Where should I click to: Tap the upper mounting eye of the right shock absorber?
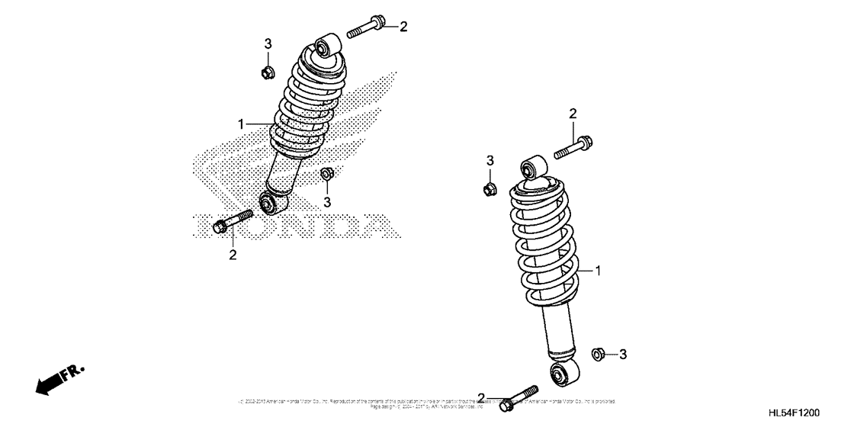(x=531, y=169)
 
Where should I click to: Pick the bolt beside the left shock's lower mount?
(x=232, y=221)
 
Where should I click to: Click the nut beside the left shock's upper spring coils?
(x=267, y=73)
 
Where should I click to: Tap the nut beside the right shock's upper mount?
(x=490, y=188)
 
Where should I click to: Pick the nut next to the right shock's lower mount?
(x=600, y=354)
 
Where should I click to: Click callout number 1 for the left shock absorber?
(x=241, y=124)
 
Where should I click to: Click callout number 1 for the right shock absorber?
(x=599, y=271)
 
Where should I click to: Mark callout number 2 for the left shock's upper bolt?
(x=403, y=27)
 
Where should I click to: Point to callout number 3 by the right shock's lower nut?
(x=622, y=354)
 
